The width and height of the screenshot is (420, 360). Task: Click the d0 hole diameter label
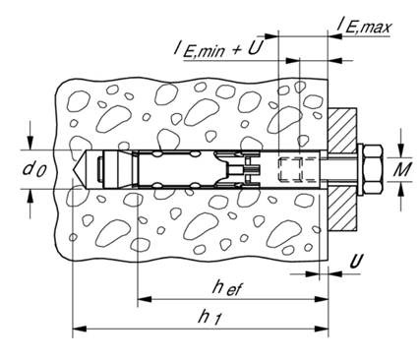coord(34,169)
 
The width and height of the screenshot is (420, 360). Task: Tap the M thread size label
coord(402,169)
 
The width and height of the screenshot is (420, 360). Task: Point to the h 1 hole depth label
coord(209,318)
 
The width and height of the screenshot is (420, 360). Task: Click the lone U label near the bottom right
coord(356,262)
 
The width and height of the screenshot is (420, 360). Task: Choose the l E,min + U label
coord(219,49)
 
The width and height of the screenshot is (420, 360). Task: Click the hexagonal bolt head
coord(372,169)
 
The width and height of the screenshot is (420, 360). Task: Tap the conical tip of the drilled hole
coord(79,169)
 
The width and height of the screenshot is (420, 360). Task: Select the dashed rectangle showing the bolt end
coord(290,169)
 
